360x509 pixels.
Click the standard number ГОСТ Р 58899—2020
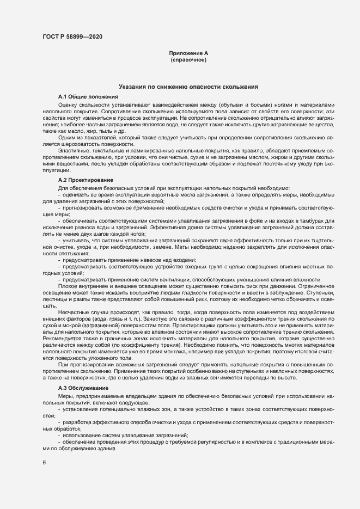(x=72, y=37)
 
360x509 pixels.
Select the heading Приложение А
(x=188, y=53)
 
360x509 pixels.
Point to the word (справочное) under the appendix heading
(x=188, y=59)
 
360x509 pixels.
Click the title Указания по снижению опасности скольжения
(x=188, y=87)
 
